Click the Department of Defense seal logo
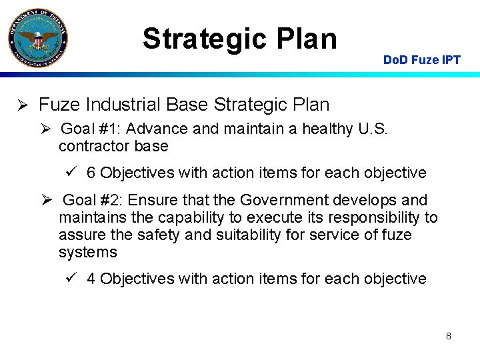37,37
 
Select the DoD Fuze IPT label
421,60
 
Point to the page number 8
449,336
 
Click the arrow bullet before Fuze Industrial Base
21,105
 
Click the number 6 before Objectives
91,173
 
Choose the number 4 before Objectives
91,279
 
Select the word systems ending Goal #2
87,253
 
